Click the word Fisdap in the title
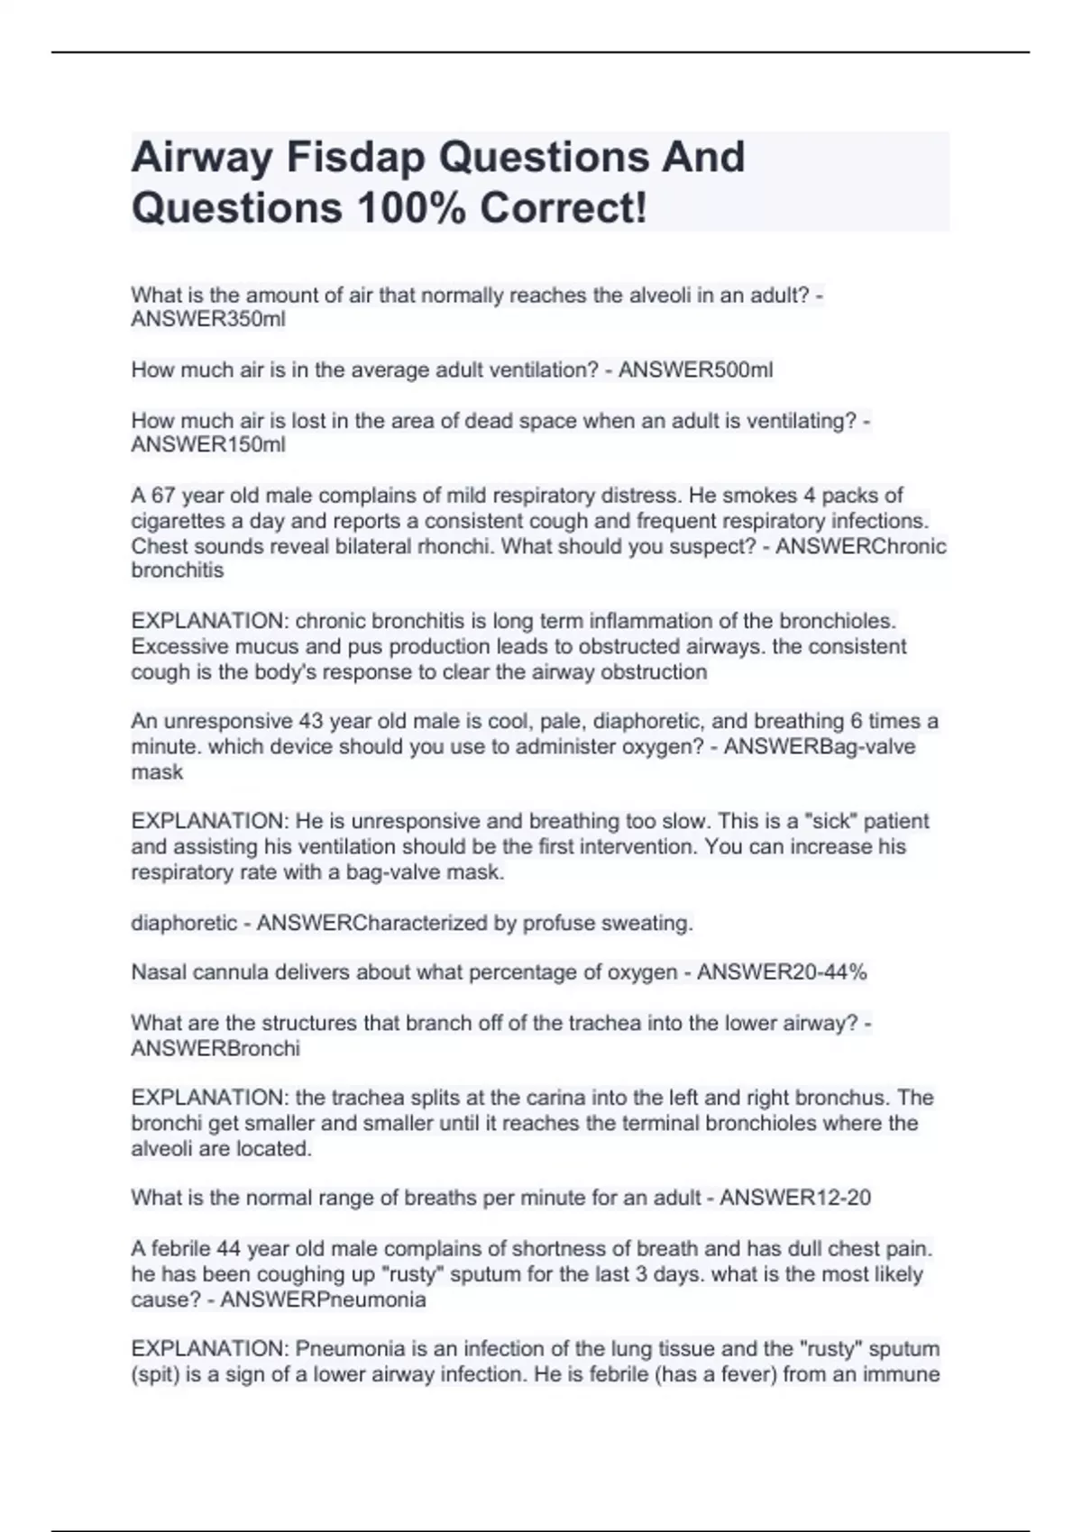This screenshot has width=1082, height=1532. pos(355,158)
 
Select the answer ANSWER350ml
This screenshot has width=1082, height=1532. pos(208,319)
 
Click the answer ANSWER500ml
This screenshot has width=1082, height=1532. pos(695,369)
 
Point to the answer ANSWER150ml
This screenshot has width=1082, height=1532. pos(208,444)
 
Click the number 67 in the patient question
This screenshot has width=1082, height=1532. pos(162,495)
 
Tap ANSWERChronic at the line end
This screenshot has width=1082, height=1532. pos(861,546)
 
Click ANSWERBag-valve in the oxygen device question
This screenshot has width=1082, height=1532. pos(820,746)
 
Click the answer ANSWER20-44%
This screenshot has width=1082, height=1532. pos(782,972)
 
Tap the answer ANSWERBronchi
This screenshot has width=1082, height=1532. pos(215,1048)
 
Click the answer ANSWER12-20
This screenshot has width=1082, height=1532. pos(795,1198)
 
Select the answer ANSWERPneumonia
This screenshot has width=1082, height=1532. pos(323,1299)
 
